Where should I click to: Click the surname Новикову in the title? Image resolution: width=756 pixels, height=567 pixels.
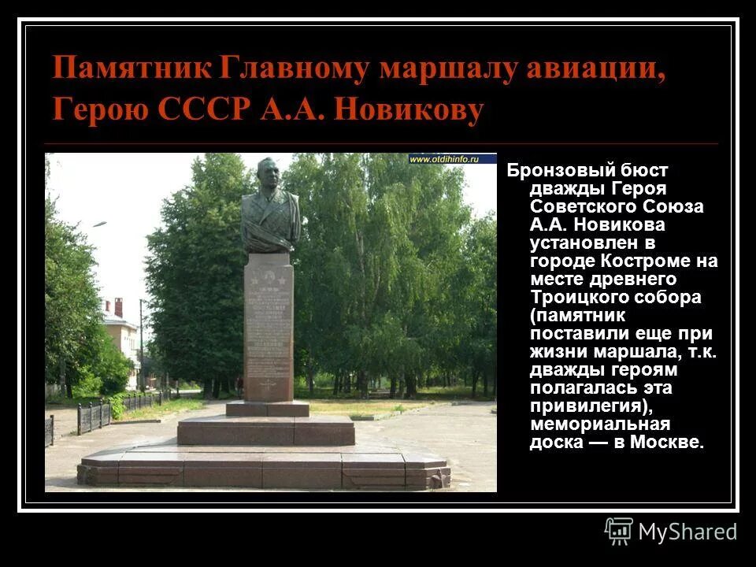[409, 109]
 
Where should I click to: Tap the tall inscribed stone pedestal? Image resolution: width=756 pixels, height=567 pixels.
[269, 331]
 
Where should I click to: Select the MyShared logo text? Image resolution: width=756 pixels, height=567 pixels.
[687, 532]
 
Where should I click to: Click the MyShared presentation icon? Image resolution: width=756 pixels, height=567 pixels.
[619, 531]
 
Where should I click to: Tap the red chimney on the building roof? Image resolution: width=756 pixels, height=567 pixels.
[118, 306]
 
